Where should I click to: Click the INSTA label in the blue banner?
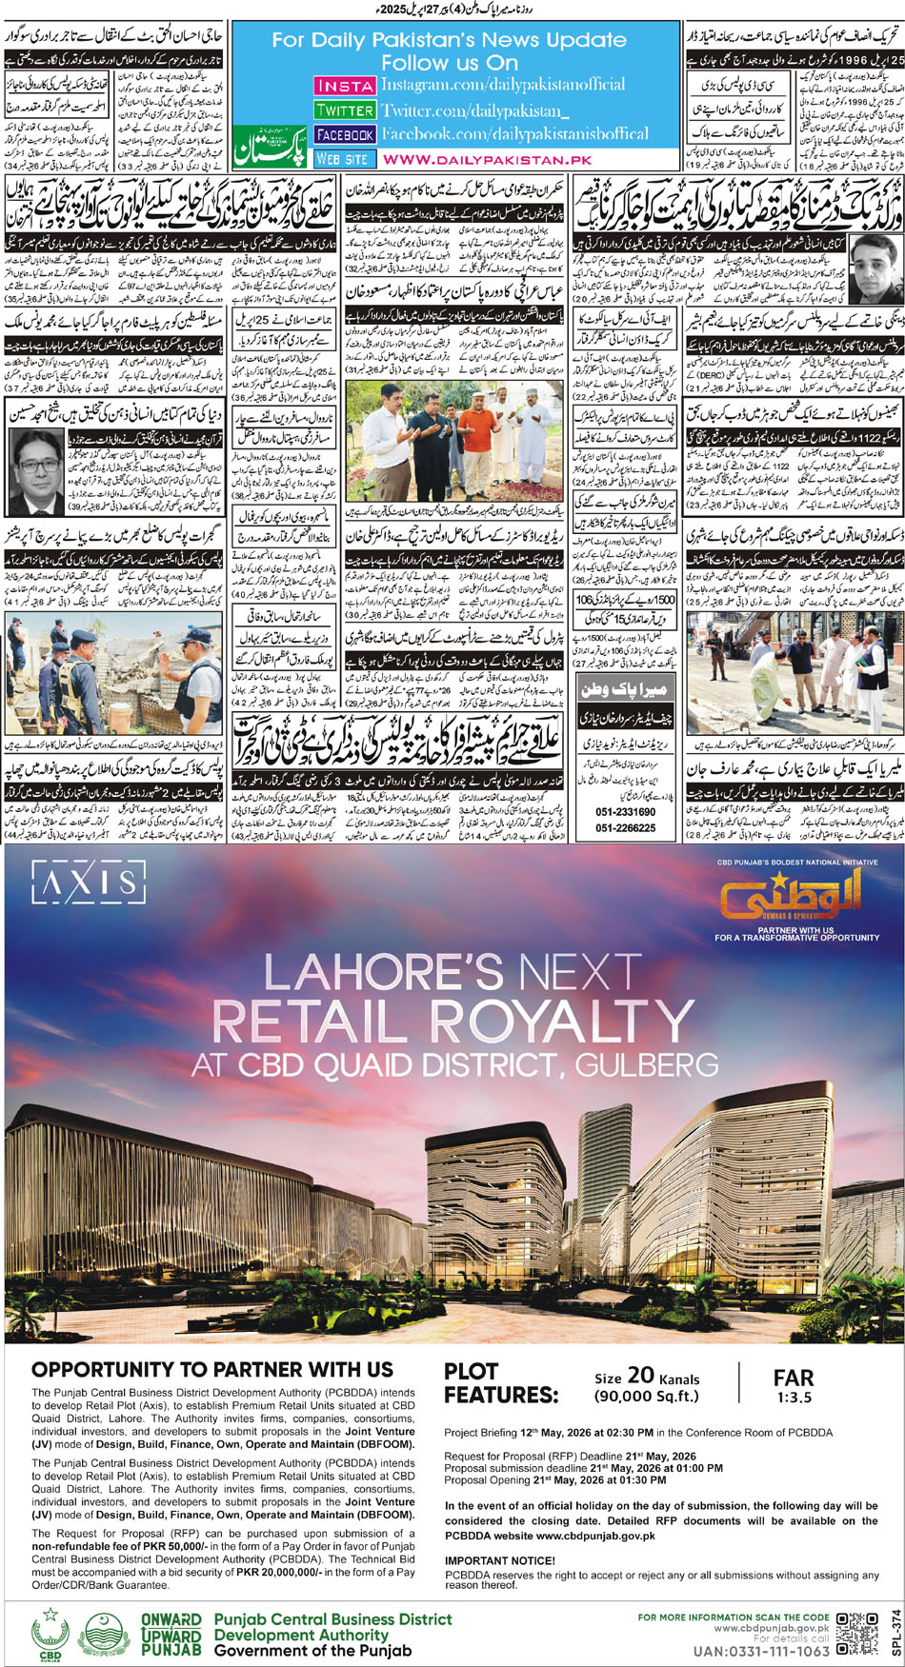(344, 86)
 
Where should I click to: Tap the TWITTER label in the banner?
(344, 110)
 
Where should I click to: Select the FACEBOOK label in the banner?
(344, 135)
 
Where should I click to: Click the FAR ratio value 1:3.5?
(794, 1398)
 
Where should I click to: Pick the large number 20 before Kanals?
(640, 1376)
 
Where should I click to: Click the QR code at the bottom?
(856, 1634)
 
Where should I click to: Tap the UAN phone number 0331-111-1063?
(761, 1652)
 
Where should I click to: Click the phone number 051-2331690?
(625, 812)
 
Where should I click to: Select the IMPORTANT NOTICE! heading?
(499, 1560)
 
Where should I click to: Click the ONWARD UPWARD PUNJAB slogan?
(171, 1635)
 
